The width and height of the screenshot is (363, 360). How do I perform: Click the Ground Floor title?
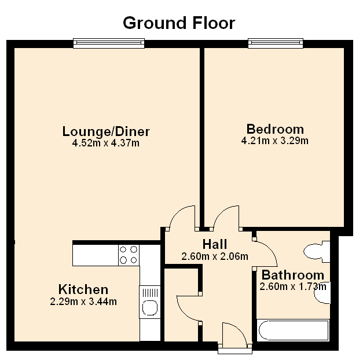click(x=179, y=23)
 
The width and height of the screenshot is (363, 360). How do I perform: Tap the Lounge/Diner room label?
click(x=106, y=131)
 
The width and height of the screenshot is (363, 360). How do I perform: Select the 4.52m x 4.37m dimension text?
click(x=106, y=143)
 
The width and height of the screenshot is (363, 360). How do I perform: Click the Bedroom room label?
click(x=275, y=129)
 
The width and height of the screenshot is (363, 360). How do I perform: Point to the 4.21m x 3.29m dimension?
click(x=275, y=141)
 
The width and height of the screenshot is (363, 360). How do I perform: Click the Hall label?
click(x=215, y=244)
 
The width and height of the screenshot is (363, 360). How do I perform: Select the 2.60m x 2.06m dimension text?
click(x=215, y=256)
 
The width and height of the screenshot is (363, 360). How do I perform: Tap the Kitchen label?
click(x=83, y=289)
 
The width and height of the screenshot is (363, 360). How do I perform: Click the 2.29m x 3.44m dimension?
click(x=83, y=302)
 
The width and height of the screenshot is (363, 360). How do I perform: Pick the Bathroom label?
click(x=293, y=275)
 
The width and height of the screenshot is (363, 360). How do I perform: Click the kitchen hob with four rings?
click(x=129, y=255)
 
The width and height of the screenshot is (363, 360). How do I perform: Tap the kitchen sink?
click(x=150, y=302)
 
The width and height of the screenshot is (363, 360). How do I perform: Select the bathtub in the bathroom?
click(x=293, y=330)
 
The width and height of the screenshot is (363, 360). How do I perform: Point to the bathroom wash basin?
click(x=322, y=293)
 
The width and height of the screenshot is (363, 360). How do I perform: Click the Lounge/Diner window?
click(x=109, y=43)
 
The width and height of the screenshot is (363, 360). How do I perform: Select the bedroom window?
click(x=276, y=43)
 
